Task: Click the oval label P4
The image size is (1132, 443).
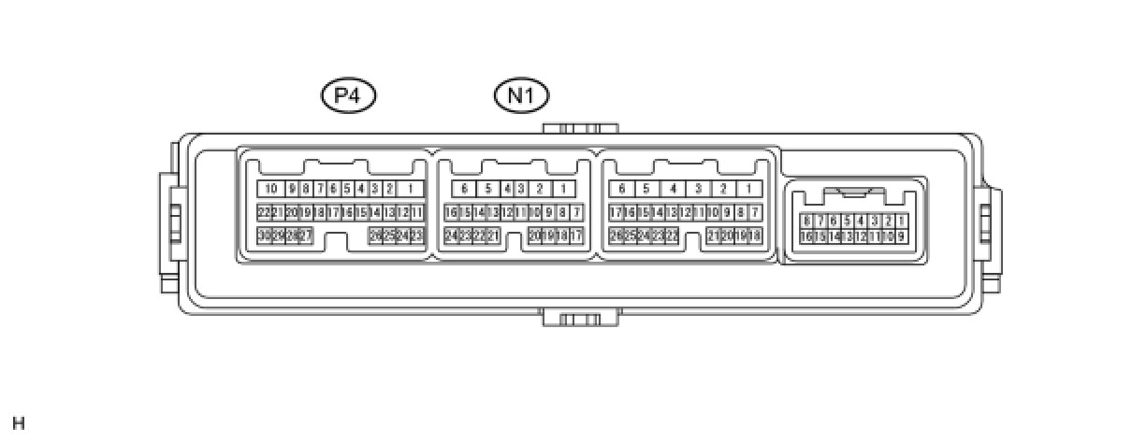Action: click(x=348, y=95)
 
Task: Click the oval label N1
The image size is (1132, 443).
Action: click(x=521, y=95)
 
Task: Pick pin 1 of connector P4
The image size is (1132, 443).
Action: click(x=410, y=189)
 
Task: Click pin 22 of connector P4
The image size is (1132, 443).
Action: click(x=264, y=212)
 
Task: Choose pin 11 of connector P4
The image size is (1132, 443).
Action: click(x=417, y=212)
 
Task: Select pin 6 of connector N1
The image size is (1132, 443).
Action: click(x=464, y=189)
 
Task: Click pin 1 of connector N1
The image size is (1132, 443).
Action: click(x=563, y=189)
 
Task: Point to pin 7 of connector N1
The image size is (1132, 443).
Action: click(x=577, y=212)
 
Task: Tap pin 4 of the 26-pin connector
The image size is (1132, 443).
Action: click(x=673, y=189)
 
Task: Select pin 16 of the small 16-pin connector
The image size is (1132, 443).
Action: click(x=806, y=236)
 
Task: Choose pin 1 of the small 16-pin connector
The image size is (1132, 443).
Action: click(x=901, y=221)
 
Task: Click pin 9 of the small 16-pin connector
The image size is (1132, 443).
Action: click(x=901, y=236)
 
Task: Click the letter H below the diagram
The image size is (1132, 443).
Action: click(x=19, y=423)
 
